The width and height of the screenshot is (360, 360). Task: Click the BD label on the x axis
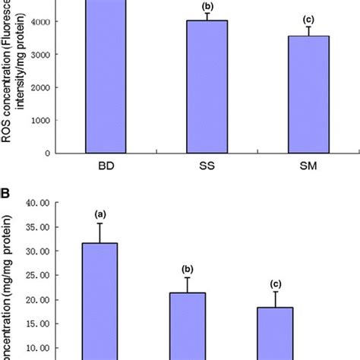tap(104, 171)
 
